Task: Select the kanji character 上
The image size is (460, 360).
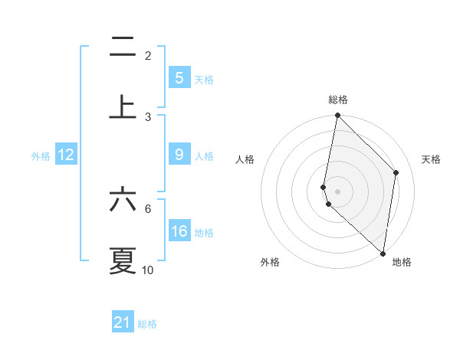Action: [123, 106]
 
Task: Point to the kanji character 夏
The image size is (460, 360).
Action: [123, 260]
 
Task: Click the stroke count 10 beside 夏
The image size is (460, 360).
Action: [148, 270]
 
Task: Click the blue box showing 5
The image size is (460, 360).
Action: [179, 78]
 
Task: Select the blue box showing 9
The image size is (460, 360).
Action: [179, 155]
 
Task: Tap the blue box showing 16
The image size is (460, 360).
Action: [179, 231]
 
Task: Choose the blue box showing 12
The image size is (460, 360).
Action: [66, 155]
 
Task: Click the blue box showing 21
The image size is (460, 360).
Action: [123, 322]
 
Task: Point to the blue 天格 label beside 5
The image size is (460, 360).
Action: [204, 80]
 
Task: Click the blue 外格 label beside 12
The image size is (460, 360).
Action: [41, 156]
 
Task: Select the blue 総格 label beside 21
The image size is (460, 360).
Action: [147, 324]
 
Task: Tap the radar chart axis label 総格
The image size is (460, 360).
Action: [338, 100]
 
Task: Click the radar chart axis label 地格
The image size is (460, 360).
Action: [402, 263]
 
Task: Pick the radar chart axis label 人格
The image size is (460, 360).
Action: [245, 159]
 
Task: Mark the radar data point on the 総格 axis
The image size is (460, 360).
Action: [337, 116]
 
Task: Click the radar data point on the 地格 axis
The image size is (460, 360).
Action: [383, 252]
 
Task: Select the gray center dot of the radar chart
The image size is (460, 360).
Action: [337, 191]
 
